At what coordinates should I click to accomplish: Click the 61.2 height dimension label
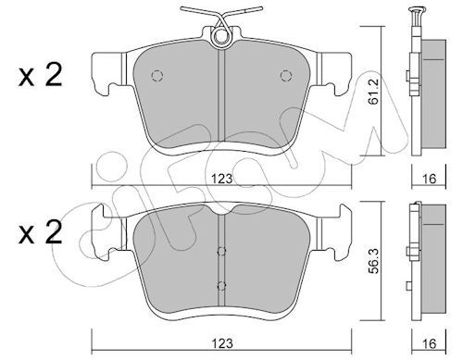pyautogui.click(x=374, y=92)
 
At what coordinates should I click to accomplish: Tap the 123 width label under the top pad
pyautogui.click(x=221, y=179)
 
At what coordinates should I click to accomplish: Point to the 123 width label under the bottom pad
pyautogui.click(x=221, y=343)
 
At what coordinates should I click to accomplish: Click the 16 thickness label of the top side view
pyautogui.click(x=429, y=179)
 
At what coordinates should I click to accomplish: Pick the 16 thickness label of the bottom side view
pyautogui.click(x=429, y=343)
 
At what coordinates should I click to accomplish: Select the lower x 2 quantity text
pyautogui.click(x=40, y=233)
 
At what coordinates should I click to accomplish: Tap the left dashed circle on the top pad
pyautogui.click(x=157, y=75)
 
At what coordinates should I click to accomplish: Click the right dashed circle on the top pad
pyautogui.click(x=286, y=75)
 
